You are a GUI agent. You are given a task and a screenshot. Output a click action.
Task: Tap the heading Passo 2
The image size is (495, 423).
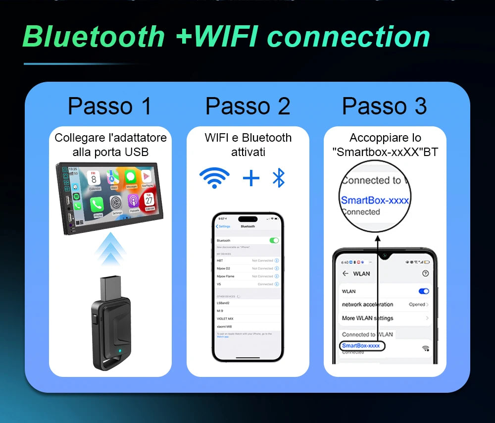pyautogui.click(x=247, y=106)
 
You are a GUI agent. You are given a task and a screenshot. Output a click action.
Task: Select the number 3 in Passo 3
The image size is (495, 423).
pyautogui.click(x=420, y=106)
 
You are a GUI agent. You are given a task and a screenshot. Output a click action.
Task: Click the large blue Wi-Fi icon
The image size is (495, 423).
pyautogui.click(x=214, y=178)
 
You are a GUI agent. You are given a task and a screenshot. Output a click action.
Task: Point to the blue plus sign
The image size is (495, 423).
pyautogui.click(x=251, y=178)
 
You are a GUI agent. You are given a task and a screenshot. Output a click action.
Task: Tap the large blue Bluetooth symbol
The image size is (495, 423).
pyautogui.click(x=279, y=178)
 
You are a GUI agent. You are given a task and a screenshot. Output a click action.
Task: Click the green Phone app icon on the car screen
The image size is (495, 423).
pyautogui.click(x=98, y=204)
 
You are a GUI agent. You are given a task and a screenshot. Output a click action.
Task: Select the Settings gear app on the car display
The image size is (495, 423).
pyautogui.click(x=116, y=203)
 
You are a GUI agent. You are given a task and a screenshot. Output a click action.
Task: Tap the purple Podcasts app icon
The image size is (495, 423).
pyautogui.click(x=133, y=202)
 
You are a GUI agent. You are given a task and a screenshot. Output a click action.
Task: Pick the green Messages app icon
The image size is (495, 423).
pyautogui.click(x=131, y=177)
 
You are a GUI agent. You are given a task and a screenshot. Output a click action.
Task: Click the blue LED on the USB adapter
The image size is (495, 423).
pyautogui.click(x=121, y=353)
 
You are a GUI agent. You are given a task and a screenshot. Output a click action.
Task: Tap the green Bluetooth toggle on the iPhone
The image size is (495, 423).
pyautogui.click(x=274, y=240)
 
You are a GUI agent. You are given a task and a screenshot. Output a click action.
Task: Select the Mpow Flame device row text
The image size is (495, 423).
pyautogui.click(x=226, y=276)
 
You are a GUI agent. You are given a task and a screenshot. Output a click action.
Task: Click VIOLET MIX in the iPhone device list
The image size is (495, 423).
pyautogui.click(x=225, y=318)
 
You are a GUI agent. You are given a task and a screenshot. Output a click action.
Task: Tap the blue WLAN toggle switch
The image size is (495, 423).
pyautogui.click(x=424, y=291)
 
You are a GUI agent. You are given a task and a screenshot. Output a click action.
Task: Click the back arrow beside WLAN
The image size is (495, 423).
pyautogui.click(x=345, y=273)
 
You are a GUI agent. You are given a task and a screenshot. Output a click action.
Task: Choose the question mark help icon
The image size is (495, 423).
pyautogui.click(x=425, y=273)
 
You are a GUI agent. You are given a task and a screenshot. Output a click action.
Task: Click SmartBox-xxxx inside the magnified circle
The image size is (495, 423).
pyautogui.click(x=375, y=200)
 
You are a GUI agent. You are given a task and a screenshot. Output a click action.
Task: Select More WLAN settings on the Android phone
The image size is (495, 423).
pyautogui.click(x=367, y=318)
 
